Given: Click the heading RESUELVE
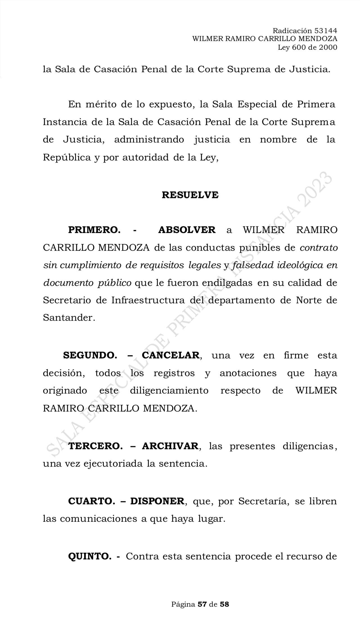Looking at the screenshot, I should coord(190,195).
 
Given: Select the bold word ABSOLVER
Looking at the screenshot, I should coord(187,230).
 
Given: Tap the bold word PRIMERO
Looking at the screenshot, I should coord(94,230).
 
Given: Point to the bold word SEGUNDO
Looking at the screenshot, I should coord(90,355).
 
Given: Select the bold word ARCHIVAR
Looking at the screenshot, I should coord(170,446).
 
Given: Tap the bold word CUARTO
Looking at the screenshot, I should coord(91,501).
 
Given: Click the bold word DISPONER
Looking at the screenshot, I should coord(157,501).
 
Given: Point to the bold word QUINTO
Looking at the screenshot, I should coord(90,556).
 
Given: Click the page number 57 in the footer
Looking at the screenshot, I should coord(202,604).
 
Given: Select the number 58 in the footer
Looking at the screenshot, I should coord(224,604).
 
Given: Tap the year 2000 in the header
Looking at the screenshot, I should coord(328,47).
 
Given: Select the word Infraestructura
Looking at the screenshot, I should coord(148,300).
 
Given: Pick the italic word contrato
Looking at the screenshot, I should coord(319,248).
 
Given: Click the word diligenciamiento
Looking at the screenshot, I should coord(169,391).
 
